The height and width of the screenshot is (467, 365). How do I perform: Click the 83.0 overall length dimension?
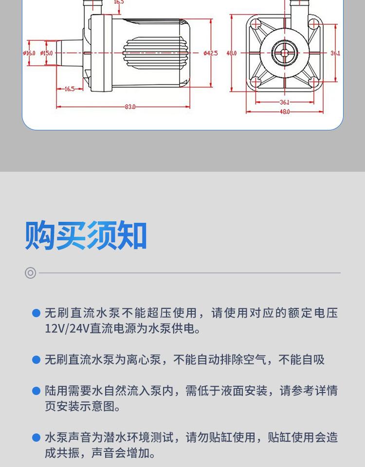click(x=130, y=107)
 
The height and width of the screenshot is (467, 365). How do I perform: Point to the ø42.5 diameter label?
click(x=211, y=53)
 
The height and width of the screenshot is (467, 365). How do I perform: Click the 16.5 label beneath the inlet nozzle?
click(x=69, y=89)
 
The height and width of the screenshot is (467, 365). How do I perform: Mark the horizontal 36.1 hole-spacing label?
click(x=285, y=102)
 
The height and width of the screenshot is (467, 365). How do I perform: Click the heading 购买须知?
click(x=86, y=236)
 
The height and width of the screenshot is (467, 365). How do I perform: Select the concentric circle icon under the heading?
click(x=31, y=273)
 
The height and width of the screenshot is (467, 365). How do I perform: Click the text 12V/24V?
click(x=67, y=329)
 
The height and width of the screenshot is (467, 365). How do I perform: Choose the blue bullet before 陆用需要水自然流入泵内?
click(x=36, y=391)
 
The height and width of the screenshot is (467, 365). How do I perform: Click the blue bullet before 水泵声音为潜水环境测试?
click(x=36, y=438)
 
